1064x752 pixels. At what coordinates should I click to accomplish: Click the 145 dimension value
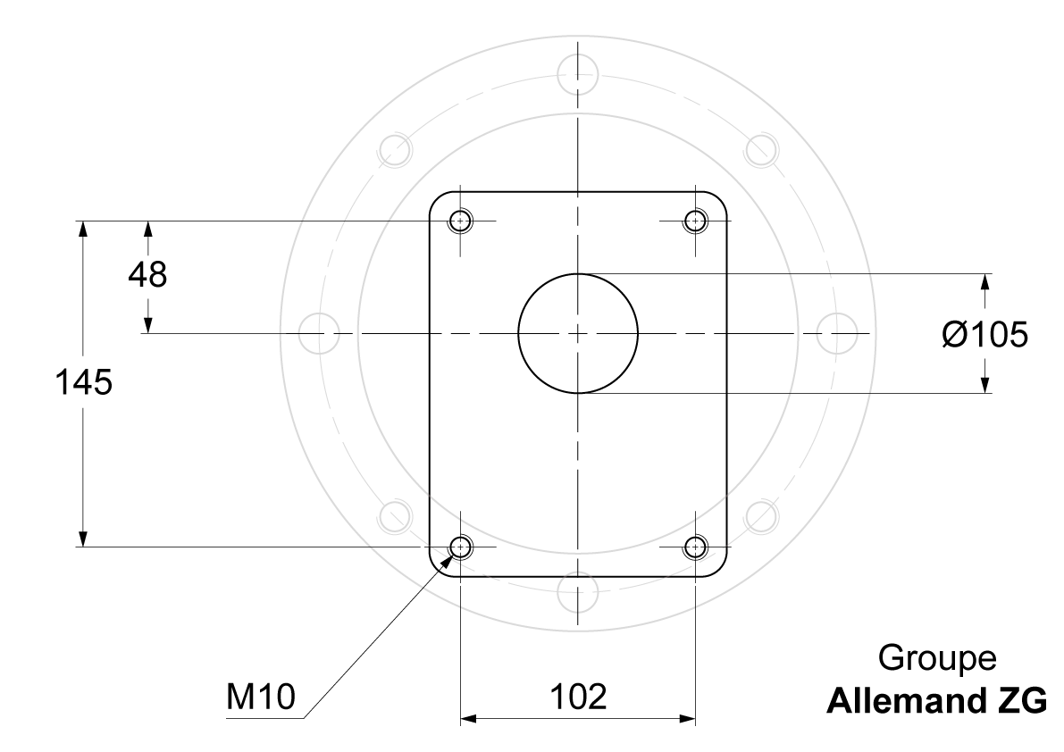83,382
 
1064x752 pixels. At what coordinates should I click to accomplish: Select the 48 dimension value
147,274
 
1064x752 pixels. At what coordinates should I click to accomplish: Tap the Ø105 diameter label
985,334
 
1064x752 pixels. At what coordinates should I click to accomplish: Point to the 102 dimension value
577,697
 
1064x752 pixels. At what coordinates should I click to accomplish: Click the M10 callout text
261,697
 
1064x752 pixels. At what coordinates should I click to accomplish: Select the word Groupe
937,657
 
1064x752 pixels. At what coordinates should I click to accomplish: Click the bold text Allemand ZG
936,701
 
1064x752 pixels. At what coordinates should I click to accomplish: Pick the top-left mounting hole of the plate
461,221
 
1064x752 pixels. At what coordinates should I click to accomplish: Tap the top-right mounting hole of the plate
696,221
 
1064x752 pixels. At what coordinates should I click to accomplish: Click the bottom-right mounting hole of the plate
696,547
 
